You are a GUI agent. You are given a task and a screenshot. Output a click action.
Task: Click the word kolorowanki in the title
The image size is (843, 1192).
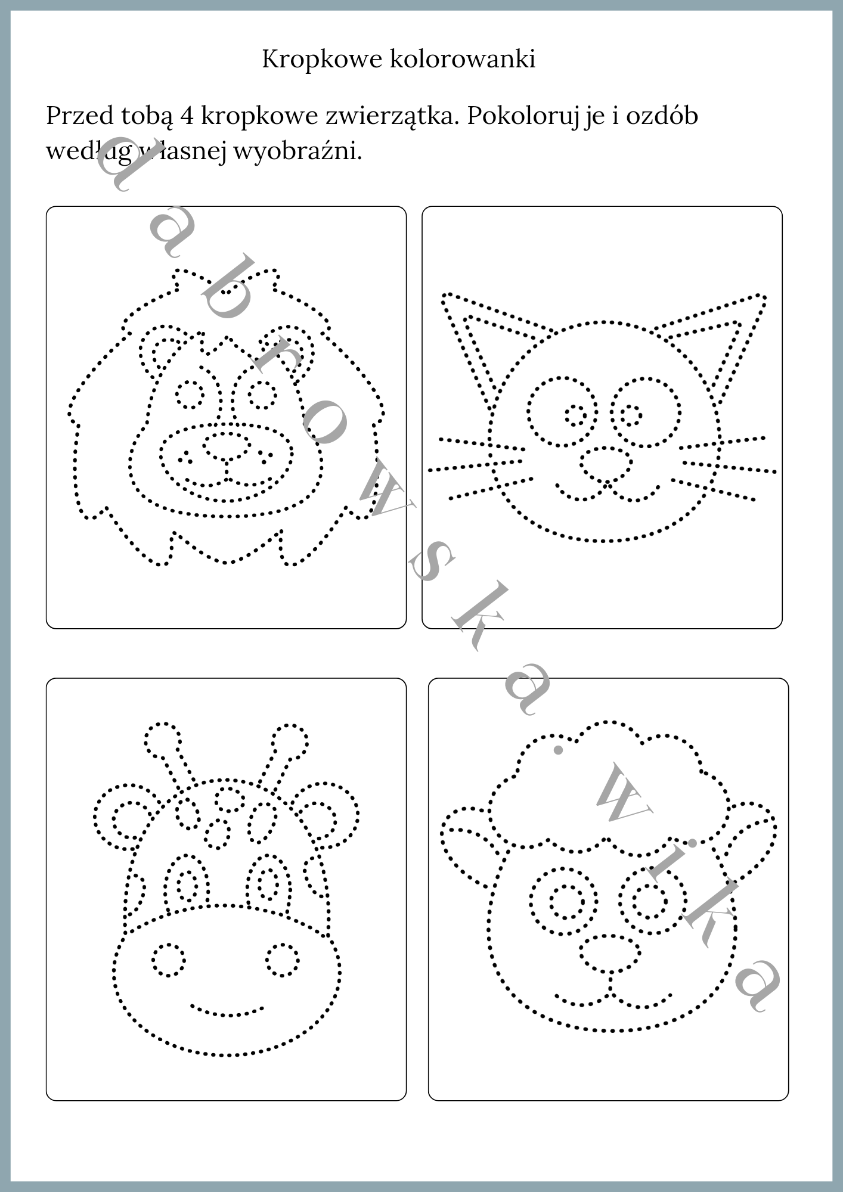(x=463, y=59)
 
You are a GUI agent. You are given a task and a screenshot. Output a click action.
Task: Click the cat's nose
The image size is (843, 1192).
(x=606, y=464)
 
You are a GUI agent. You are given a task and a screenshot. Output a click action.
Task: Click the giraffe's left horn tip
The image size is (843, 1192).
(x=162, y=740)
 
